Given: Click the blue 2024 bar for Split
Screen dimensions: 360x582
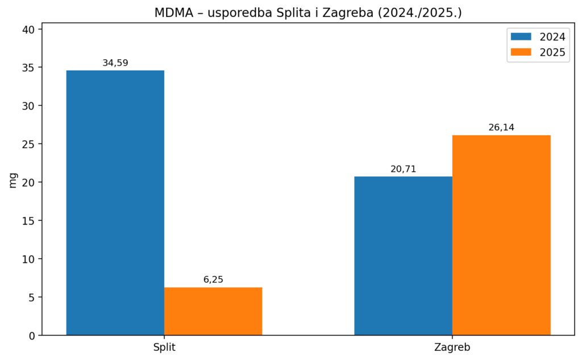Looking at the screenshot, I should (x=115, y=202).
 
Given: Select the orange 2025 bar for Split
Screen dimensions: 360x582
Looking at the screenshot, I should (x=213, y=311).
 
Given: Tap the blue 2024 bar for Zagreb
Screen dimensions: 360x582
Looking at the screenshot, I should (x=403, y=256).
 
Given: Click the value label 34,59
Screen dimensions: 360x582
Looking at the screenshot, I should (x=115, y=63).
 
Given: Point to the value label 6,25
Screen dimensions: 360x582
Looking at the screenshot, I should (x=213, y=280).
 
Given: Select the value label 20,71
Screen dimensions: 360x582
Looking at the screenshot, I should (x=403, y=169).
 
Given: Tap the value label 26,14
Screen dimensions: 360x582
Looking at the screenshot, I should (x=501, y=127).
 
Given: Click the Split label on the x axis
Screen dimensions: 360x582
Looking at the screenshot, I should (x=164, y=347).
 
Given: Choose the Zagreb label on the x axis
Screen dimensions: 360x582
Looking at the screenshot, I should (x=452, y=347).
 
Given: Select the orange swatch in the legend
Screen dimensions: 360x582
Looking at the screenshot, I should (x=521, y=52).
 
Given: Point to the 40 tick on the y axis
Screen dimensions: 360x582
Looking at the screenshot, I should (x=29, y=30).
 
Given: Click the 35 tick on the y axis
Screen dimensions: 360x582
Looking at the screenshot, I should (x=29, y=68).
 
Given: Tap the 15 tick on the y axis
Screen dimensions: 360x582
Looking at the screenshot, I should (x=29, y=221).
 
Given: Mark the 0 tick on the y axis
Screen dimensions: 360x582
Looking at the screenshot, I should (x=32, y=336).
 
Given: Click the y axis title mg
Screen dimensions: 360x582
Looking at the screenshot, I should (x=13, y=180).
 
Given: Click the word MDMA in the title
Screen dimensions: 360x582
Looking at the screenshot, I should (x=172, y=13).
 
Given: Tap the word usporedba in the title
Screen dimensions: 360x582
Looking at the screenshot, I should (x=232, y=13).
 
